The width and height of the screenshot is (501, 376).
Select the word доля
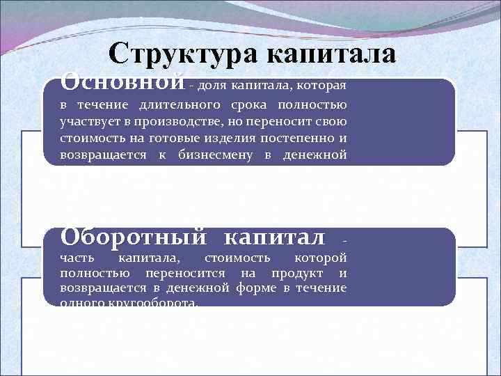210,86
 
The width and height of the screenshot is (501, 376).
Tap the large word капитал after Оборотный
274,237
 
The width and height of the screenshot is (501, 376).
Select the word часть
74,258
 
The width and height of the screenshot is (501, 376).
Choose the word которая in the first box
320,86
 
